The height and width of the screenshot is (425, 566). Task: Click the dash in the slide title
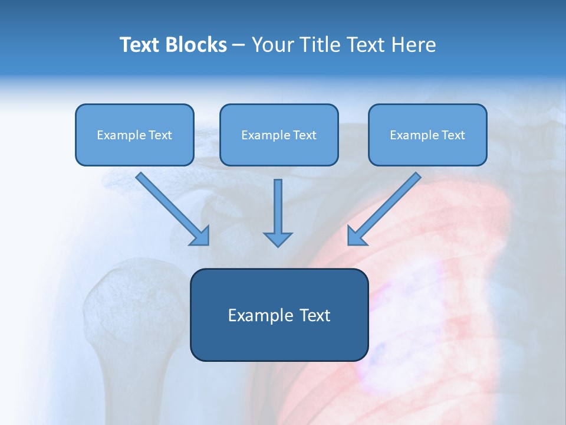tap(238, 45)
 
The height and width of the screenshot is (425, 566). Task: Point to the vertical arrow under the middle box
tap(278, 207)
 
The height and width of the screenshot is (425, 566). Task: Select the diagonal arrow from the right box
tap(389, 204)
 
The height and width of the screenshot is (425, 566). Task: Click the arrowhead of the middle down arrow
tap(278, 239)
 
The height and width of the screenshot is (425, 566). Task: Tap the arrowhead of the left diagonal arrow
tap(202, 237)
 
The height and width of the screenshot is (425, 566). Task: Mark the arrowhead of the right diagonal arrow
tap(356, 237)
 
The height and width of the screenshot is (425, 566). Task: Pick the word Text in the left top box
tap(160, 135)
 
